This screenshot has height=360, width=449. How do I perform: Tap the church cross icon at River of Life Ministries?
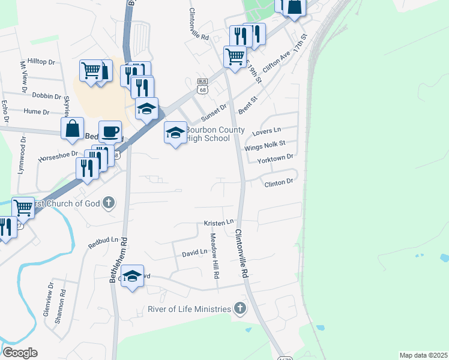pos(240,309)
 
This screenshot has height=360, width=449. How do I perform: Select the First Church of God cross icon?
pos(109,203)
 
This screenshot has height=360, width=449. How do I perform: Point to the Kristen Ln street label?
pos(218,223)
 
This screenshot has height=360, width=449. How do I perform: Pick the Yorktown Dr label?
pos(274,158)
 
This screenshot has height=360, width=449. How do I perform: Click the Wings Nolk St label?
pos(264,145)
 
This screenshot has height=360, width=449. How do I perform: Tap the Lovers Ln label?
pos(267,131)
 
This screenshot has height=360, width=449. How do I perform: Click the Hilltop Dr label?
pos(41,62)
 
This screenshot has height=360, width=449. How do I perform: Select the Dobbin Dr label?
pos(47,96)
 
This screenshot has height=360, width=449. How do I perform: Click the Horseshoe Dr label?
pos(58,157)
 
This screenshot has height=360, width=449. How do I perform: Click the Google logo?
pos(20,353)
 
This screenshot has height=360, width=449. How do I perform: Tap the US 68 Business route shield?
pos(202,88)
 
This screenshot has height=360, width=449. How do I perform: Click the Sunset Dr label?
pos(214,112)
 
